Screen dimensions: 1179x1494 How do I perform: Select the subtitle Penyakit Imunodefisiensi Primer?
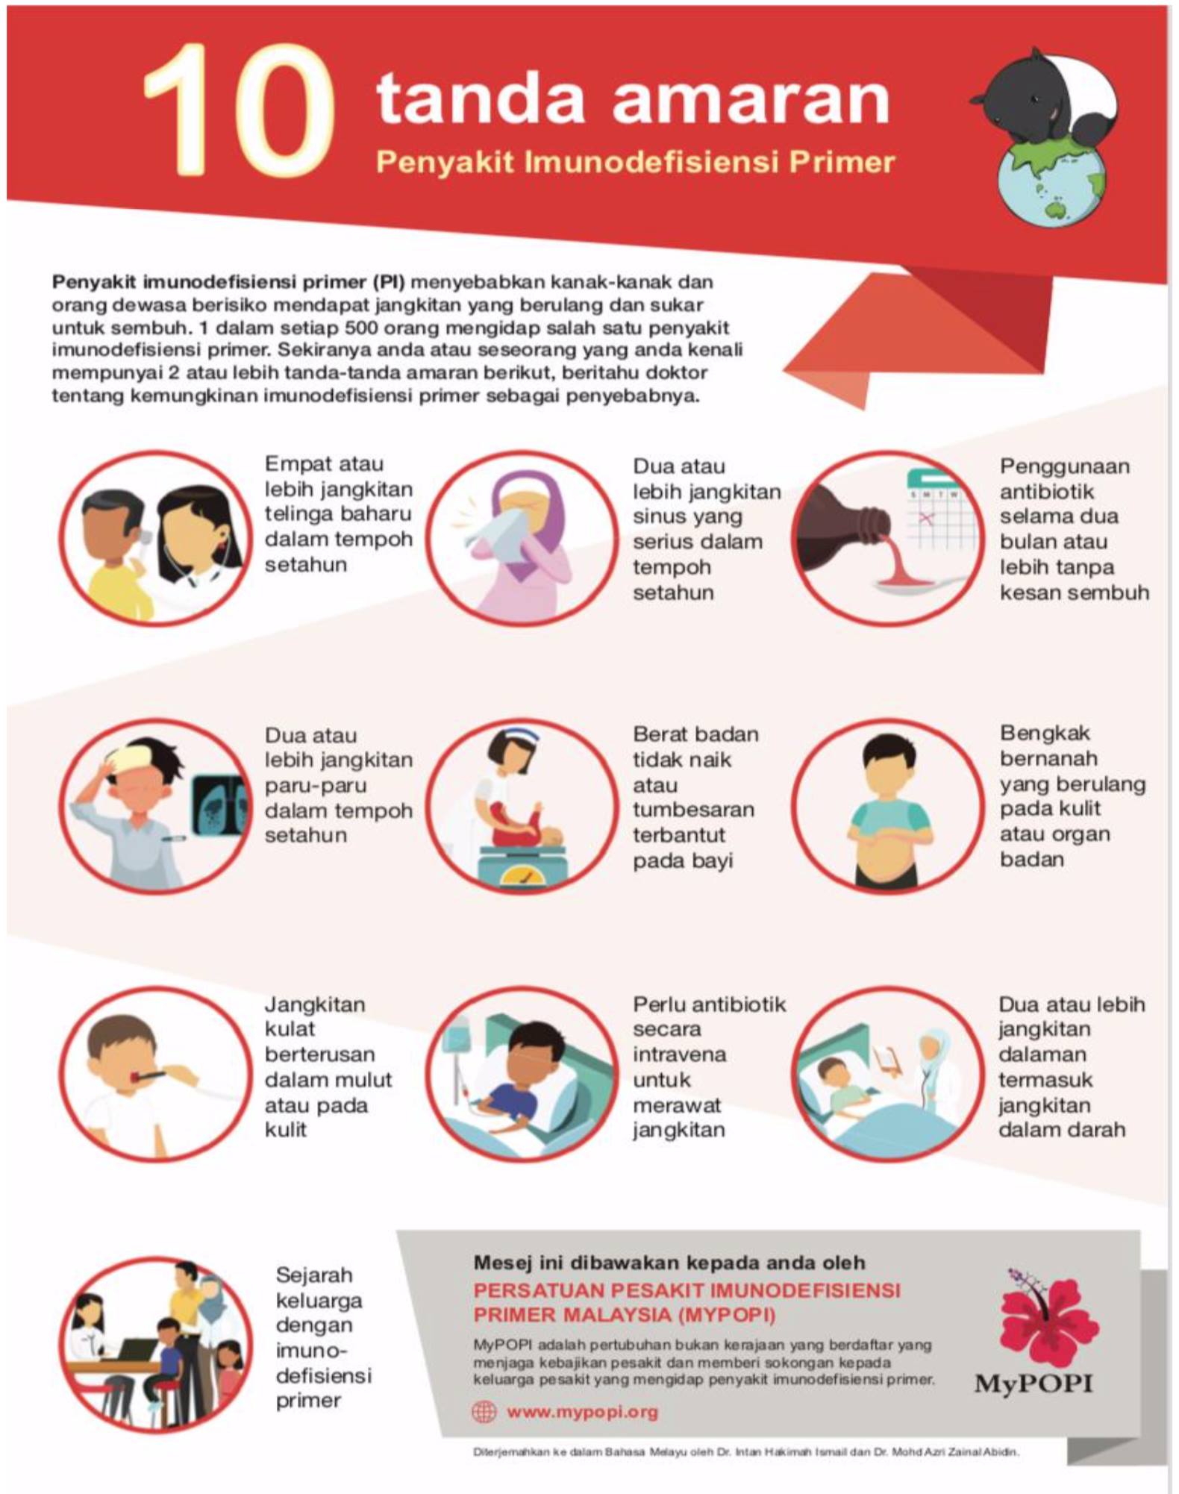click(x=635, y=162)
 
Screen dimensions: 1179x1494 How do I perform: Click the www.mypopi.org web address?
click(x=582, y=1411)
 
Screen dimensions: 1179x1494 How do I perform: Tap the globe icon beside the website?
click(x=484, y=1411)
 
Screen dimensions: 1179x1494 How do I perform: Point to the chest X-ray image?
click(x=219, y=806)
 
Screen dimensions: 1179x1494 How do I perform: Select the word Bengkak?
click(x=1045, y=734)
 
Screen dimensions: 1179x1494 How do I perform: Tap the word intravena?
click(x=679, y=1054)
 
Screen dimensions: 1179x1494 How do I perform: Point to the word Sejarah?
click(x=313, y=1275)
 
